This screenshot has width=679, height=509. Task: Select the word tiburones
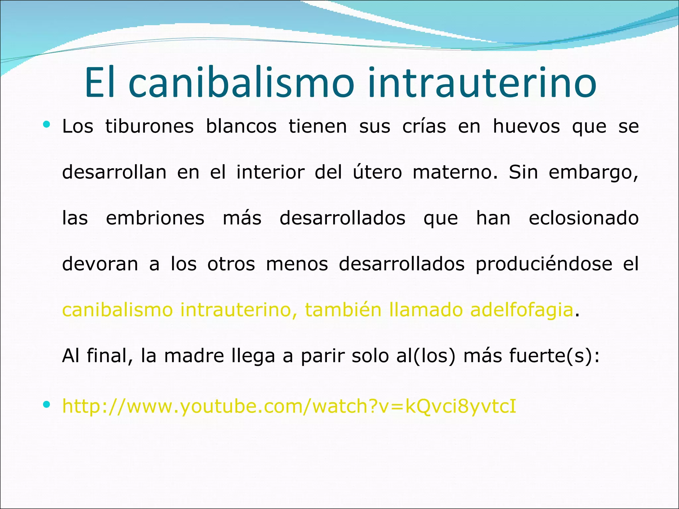pos(150,127)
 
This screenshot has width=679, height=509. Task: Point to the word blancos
pos(241,127)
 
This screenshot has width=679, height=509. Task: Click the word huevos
pos(526,127)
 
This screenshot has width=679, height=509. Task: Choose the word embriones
pos(155,218)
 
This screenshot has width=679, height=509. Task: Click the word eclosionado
pos(584,218)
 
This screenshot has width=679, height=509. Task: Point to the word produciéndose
pos(544,264)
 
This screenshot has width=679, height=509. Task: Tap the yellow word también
pos(343,310)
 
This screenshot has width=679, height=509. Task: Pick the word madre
pos(194,356)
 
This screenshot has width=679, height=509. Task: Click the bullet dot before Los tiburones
pos(46,125)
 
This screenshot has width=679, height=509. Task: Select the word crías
pos(424,127)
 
